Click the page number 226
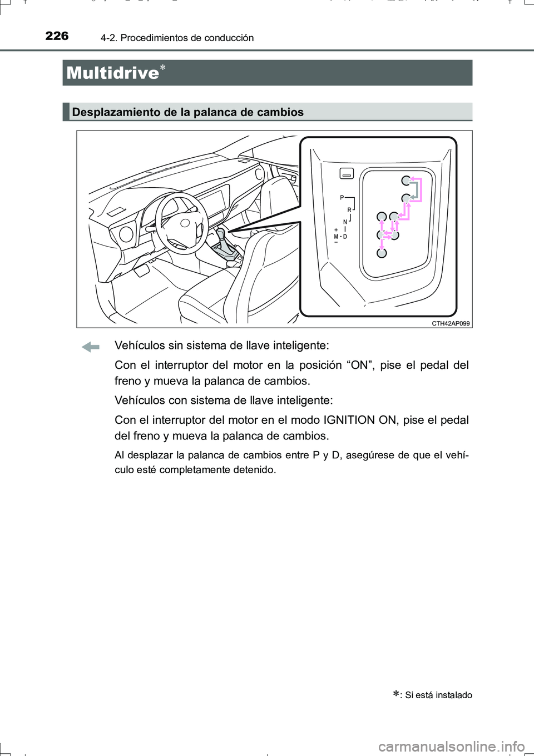point(57,36)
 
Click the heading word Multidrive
point(112,73)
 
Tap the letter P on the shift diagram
point(342,198)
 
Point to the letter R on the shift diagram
point(349,210)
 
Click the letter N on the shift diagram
point(345,222)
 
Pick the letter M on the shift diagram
point(336,237)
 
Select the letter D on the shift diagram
point(345,237)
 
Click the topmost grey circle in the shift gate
point(407,181)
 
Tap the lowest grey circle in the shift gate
point(382,253)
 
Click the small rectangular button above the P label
point(347,174)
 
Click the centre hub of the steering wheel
point(184,224)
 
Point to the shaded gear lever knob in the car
point(221,233)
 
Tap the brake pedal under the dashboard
point(141,271)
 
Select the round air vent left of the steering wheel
point(126,234)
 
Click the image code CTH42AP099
point(451,323)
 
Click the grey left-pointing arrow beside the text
point(90,347)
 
